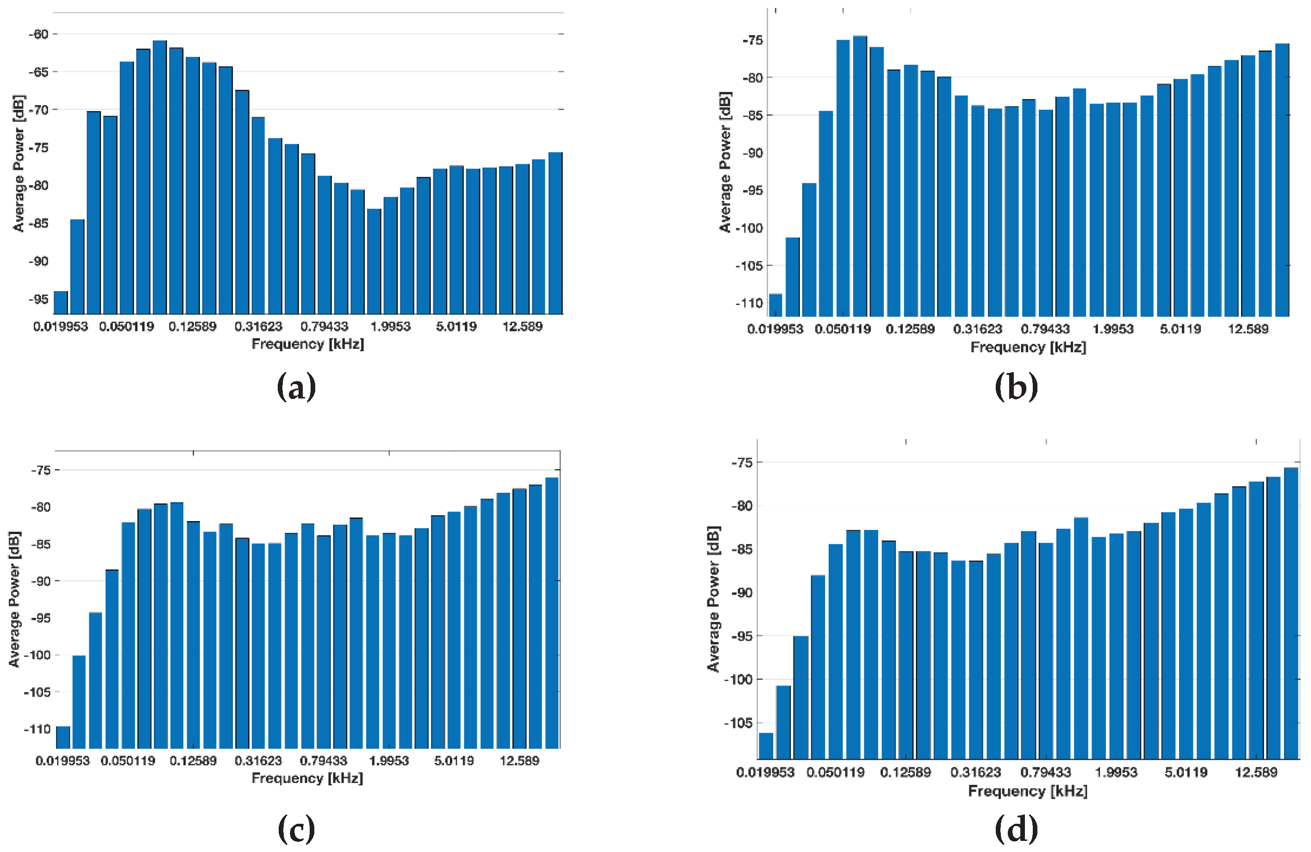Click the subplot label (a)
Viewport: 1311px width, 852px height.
tap(296, 386)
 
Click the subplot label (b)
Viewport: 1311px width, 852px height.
tap(1016, 386)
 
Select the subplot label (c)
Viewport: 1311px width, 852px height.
tap(296, 829)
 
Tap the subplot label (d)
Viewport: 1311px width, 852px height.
tap(1016, 829)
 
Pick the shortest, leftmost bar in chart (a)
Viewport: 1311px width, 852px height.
tap(61, 303)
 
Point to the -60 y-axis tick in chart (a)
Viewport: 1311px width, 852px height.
tap(38, 34)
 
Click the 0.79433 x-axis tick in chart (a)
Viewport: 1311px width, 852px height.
tap(325, 327)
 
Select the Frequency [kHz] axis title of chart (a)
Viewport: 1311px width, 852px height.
tap(308, 344)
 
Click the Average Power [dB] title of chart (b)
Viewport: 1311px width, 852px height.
tap(725, 162)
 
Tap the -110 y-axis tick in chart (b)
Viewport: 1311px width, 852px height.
tap(749, 303)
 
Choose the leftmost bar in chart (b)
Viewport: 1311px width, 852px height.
tap(775, 305)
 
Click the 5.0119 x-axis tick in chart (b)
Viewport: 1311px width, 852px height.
tap(1180, 330)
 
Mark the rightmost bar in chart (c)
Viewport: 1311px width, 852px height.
tap(552, 613)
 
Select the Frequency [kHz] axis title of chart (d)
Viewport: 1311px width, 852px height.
tap(1028, 791)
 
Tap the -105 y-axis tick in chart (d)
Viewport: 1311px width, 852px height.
tap(737, 723)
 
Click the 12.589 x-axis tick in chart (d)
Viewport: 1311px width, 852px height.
tap(1256, 773)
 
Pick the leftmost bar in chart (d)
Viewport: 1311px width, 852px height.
tap(766, 746)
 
